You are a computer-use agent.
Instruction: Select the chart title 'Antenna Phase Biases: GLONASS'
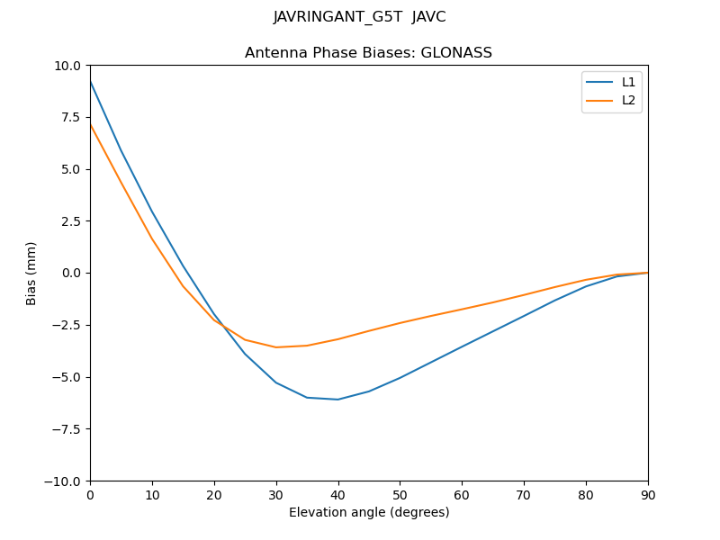368,53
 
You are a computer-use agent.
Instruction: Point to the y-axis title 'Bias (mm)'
31,273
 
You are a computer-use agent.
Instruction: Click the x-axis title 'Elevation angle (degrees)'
368,512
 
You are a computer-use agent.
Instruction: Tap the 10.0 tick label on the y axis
68,66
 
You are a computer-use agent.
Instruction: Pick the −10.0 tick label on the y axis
65,481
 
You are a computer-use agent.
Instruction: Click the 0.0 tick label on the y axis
72,274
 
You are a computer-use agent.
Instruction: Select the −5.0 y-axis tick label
68,377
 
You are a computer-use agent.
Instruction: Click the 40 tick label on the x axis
337,495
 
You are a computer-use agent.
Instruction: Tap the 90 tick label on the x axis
647,495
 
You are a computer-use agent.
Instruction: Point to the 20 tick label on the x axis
214,495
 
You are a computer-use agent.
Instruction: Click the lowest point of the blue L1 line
337,400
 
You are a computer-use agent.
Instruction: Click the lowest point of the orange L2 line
276,347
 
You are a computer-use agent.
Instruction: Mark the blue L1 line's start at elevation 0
90,82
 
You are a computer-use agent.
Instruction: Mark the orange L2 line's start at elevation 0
90,124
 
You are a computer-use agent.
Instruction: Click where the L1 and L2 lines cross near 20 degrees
220,325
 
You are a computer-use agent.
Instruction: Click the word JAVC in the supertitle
428,17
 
